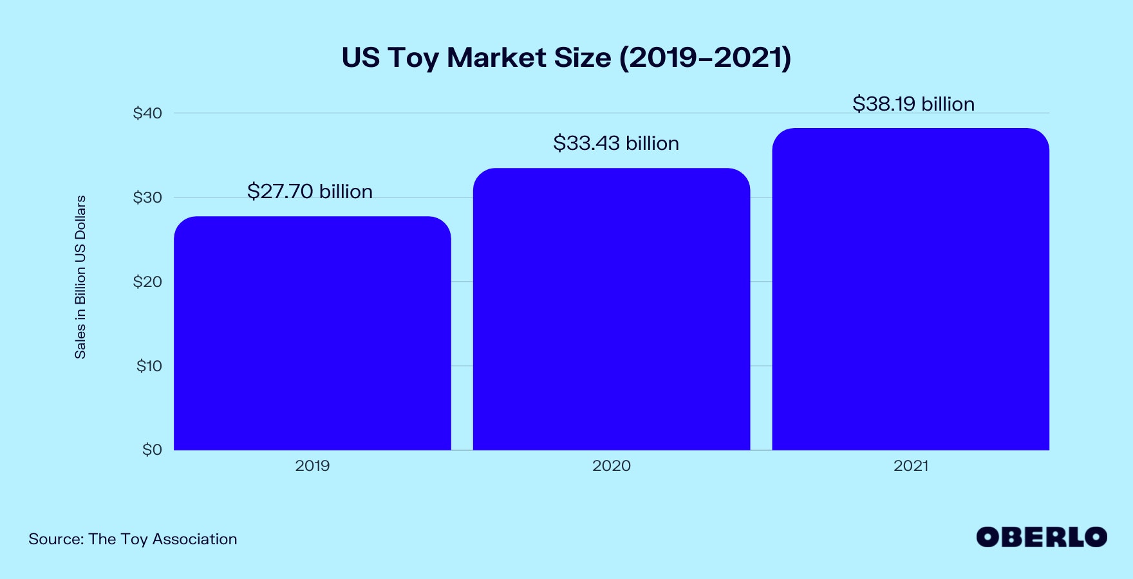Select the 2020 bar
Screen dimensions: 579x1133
[x=612, y=309]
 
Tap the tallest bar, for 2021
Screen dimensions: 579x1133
[x=910, y=289]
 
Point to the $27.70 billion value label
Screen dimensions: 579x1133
[x=310, y=192]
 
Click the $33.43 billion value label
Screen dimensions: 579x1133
[x=616, y=143]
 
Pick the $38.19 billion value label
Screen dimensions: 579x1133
[x=913, y=104]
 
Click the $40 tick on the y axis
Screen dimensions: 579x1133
[x=147, y=113]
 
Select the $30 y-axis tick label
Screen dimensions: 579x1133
[x=147, y=198]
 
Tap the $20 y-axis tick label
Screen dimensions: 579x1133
[x=147, y=282]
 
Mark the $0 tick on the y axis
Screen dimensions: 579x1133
[x=152, y=450]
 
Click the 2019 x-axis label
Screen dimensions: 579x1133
[x=312, y=466]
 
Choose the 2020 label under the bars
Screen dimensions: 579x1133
[x=612, y=466]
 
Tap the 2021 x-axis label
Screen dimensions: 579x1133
[x=910, y=466]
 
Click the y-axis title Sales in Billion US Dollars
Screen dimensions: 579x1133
[x=80, y=277]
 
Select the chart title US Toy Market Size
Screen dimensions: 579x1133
[x=476, y=58]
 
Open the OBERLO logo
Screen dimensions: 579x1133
[x=1041, y=537]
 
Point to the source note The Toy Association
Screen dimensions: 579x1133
[x=162, y=539]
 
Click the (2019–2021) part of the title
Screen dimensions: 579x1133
[x=705, y=58]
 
